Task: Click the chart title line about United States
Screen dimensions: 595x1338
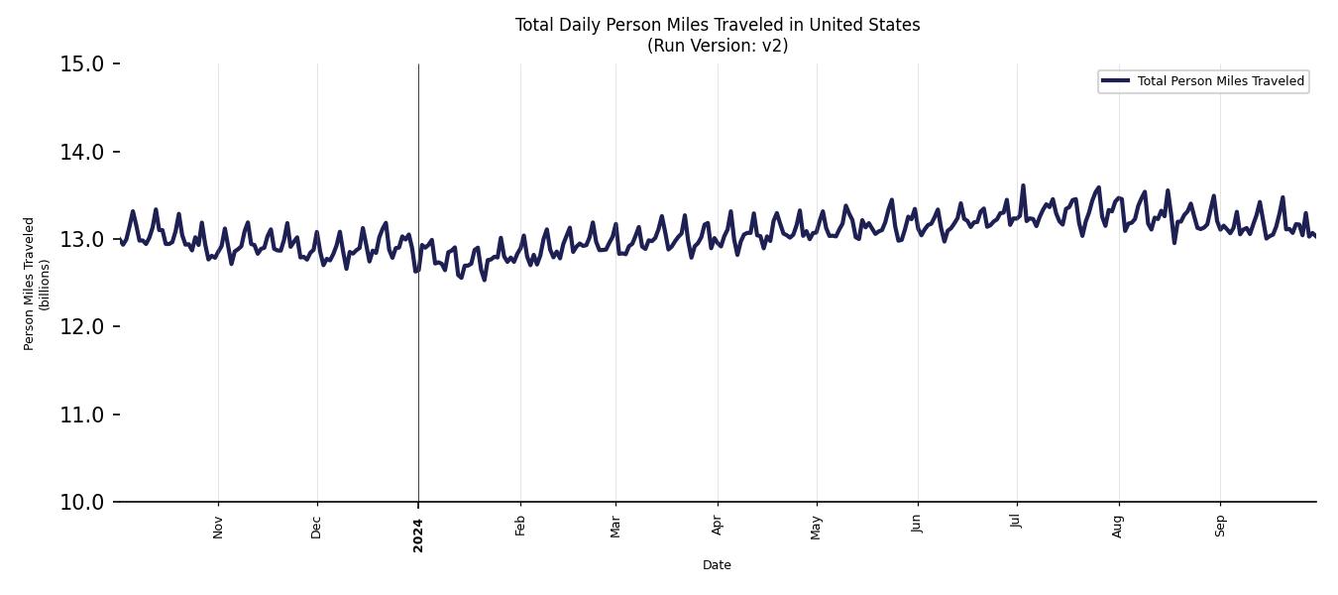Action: [717, 25]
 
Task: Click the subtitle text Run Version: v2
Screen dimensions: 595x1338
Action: [717, 46]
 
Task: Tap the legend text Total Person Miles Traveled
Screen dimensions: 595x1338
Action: [1220, 81]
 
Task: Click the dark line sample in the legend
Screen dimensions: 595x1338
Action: [1115, 81]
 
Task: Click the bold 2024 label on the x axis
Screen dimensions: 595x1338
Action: [418, 535]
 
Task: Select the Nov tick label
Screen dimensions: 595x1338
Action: [218, 527]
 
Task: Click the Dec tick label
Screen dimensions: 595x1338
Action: [317, 527]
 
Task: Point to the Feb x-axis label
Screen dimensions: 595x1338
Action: [520, 526]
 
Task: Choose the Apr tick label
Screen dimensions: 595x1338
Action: [718, 526]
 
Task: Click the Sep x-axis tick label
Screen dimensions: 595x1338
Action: [1220, 526]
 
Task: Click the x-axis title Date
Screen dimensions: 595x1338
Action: [717, 565]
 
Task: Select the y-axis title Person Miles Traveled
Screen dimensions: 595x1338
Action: [30, 284]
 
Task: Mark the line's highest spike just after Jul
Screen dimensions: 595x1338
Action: [1023, 185]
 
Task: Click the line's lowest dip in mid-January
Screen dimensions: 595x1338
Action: [484, 280]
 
